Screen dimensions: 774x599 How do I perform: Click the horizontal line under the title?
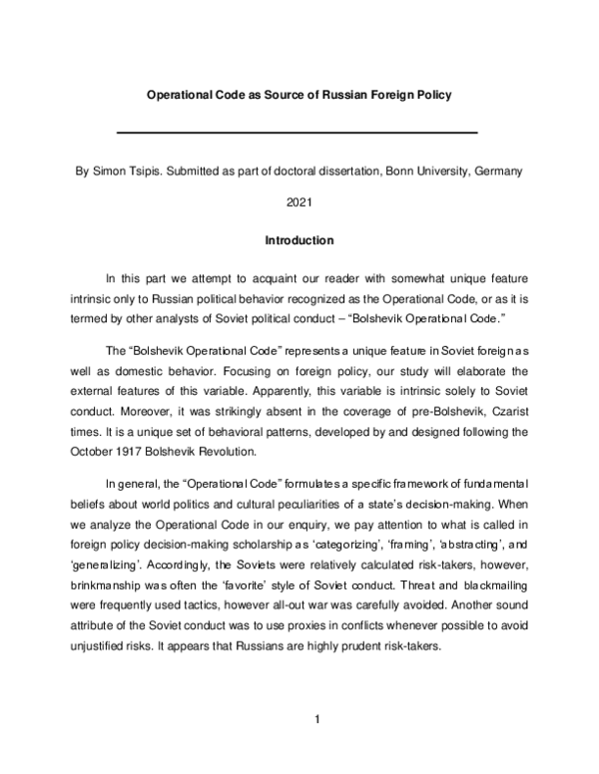click(x=298, y=132)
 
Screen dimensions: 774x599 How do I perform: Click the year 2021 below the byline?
click(x=299, y=205)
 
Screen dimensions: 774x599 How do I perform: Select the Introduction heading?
click(x=299, y=240)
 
